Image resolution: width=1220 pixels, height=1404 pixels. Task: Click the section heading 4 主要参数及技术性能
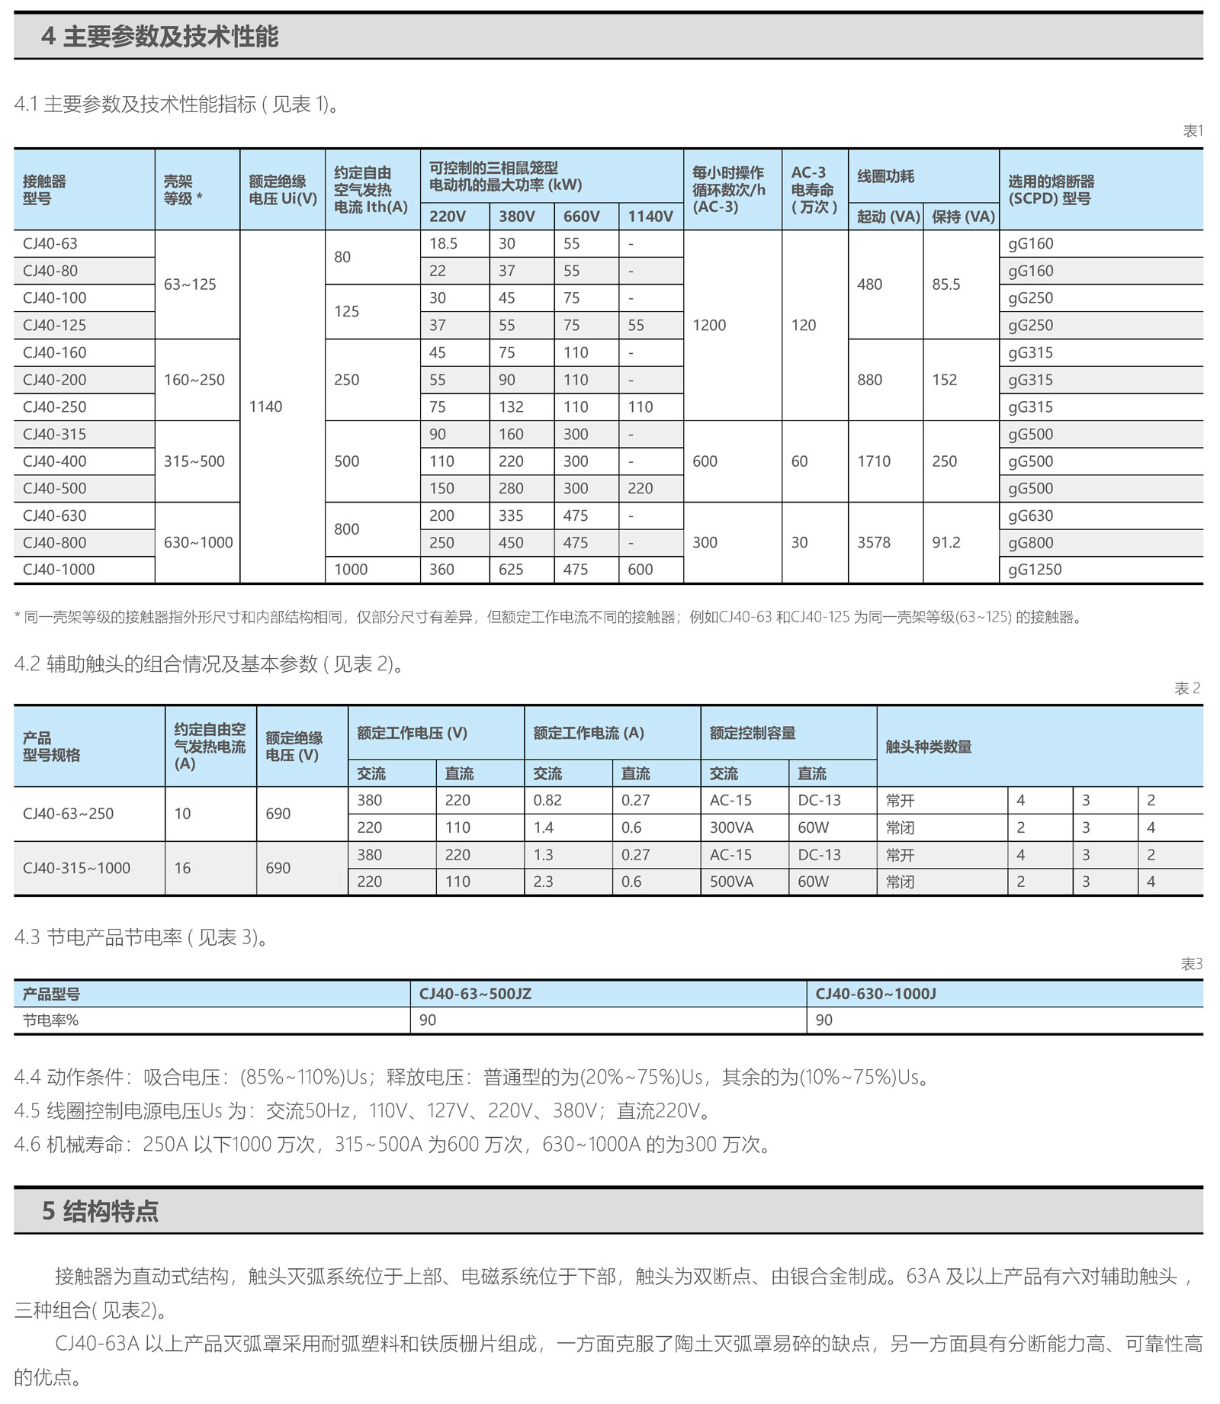click(159, 36)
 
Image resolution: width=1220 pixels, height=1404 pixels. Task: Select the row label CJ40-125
click(54, 326)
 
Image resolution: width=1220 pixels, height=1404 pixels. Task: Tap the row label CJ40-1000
click(59, 570)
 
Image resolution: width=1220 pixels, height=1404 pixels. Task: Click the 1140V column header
click(650, 217)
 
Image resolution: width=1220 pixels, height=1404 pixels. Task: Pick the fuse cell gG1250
click(1035, 570)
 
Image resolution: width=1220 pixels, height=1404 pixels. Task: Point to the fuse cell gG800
click(1030, 543)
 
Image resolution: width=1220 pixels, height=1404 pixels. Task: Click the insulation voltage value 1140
click(265, 407)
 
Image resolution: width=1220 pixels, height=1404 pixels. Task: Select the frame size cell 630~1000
click(198, 543)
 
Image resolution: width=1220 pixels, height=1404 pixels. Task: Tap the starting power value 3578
click(873, 543)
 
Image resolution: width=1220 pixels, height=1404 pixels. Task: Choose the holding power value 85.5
click(945, 284)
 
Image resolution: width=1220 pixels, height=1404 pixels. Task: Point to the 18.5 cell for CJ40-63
click(443, 244)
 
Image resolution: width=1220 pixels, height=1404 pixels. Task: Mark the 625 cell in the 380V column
click(511, 570)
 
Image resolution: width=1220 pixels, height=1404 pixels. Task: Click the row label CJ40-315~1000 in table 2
click(76, 868)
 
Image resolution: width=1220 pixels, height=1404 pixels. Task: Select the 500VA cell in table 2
click(731, 882)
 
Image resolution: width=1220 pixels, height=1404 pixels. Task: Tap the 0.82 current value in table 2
click(547, 801)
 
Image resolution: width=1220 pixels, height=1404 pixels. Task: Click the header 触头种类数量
click(928, 747)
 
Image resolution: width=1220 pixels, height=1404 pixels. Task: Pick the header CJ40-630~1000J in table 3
click(875, 994)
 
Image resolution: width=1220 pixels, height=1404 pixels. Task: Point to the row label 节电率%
click(50, 1020)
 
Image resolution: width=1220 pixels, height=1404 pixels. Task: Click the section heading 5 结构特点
click(100, 1211)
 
